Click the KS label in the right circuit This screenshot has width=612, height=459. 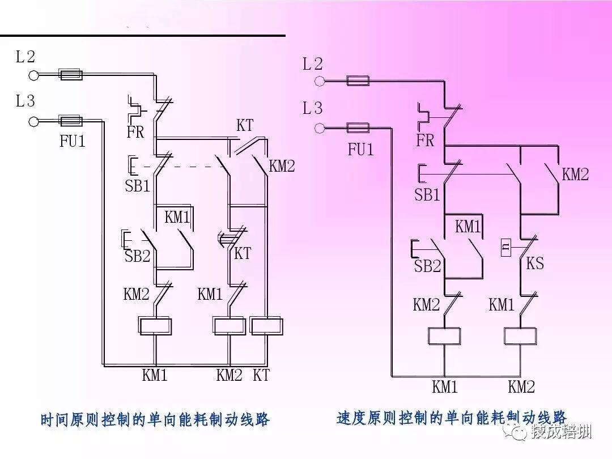[x=535, y=263]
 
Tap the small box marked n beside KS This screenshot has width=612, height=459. [x=506, y=248]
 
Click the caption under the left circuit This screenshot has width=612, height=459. [x=155, y=420]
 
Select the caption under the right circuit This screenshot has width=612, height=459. [x=452, y=418]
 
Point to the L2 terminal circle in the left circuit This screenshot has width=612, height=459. [x=33, y=75]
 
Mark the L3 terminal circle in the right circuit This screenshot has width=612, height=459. [x=320, y=127]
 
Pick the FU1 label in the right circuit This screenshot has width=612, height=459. [x=360, y=150]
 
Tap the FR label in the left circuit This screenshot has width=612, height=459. [x=135, y=133]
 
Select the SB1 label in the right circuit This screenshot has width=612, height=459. [x=427, y=195]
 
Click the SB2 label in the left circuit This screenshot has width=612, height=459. [x=137, y=256]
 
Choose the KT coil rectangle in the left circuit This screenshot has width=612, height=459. [x=266, y=326]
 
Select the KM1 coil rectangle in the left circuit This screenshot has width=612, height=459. [x=155, y=326]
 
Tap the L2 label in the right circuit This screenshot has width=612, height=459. [x=312, y=64]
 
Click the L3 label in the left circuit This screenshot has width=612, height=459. [x=25, y=101]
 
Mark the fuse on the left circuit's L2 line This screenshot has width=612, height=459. [x=71, y=74]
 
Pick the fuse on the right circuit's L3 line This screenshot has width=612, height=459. [x=358, y=127]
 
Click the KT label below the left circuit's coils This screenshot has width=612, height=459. [x=261, y=375]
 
